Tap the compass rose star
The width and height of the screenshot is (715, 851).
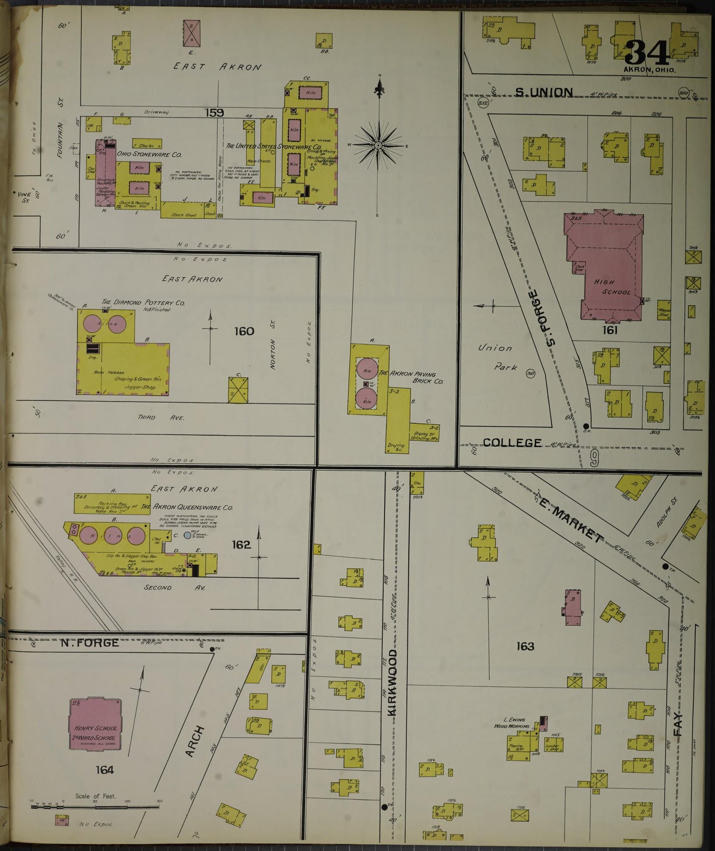[x=379, y=145]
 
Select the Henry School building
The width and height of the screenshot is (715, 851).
[x=95, y=724]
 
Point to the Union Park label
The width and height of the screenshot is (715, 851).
[x=498, y=357]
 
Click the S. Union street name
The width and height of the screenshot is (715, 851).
[x=544, y=92]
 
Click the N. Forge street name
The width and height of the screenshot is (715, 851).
[x=90, y=642]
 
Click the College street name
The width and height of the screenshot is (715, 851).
[x=512, y=443]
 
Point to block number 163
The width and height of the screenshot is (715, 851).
[x=524, y=646]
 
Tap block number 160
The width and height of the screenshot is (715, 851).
[x=243, y=331]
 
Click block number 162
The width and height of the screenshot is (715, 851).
[x=241, y=544]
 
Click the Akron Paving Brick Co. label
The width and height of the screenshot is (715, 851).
[x=412, y=377]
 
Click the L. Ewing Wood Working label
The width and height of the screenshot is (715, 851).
[x=512, y=723]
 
